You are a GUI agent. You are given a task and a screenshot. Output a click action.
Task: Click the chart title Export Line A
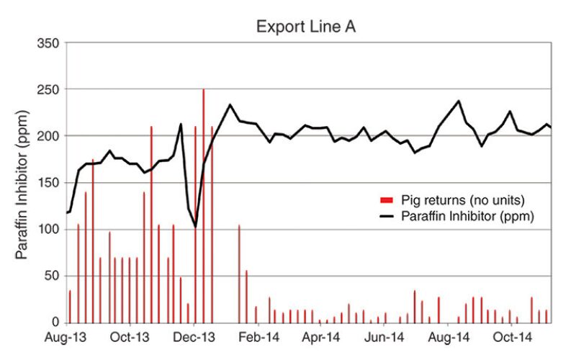(307, 27)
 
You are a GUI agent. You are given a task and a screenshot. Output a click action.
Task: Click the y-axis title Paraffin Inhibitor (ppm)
(23, 181)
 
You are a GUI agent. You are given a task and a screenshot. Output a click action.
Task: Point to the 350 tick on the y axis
(50, 43)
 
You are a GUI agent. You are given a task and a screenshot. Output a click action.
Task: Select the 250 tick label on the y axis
(50, 89)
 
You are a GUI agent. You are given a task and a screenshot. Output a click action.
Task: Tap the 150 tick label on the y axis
(50, 182)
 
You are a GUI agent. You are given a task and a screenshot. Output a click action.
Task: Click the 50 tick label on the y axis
(53, 276)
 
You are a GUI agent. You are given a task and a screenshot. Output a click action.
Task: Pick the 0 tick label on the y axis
(56, 322)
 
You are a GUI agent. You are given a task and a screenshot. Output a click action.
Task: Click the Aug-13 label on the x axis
(67, 336)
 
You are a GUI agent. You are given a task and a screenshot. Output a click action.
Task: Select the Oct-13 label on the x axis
(130, 336)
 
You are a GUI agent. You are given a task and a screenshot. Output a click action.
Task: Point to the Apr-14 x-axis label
(321, 336)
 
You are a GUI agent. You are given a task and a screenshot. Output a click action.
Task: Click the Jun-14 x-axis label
(385, 336)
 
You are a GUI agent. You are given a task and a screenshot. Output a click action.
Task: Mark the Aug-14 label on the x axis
(449, 336)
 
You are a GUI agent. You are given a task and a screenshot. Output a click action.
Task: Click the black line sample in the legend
(388, 215)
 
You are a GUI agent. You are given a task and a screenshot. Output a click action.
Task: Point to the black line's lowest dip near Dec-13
(196, 227)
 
